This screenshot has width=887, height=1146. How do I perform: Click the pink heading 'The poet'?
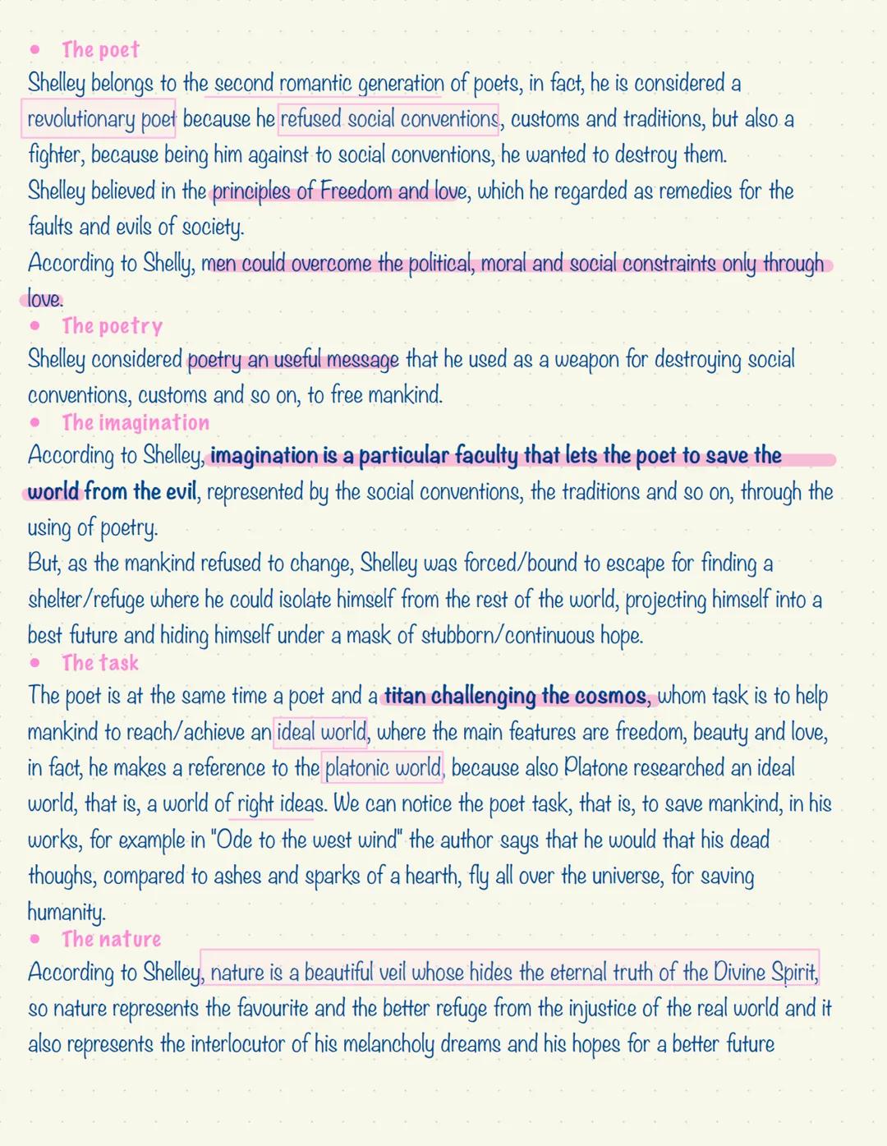[x=100, y=50]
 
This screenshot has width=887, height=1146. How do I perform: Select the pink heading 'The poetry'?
[x=112, y=326]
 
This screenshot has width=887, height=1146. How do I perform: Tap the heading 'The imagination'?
[x=136, y=422]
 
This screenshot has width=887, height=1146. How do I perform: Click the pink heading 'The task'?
[x=100, y=663]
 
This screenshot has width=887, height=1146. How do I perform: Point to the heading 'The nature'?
[x=111, y=939]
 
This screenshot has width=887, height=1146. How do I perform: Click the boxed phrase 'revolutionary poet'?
[x=101, y=120]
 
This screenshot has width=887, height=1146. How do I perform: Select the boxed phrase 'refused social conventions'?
[x=388, y=120]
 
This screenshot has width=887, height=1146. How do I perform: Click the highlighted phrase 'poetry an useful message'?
[x=294, y=360]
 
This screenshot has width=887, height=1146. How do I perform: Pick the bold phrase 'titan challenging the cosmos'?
[x=516, y=697]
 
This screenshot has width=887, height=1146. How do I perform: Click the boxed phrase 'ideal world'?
[x=321, y=732]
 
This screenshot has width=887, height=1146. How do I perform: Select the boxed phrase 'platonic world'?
[x=383, y=768]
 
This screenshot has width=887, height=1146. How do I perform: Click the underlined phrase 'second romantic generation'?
[x=329, y=84]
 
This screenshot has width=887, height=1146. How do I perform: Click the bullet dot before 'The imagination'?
[x=34, y=422]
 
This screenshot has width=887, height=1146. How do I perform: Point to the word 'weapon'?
[x=586, y=360]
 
